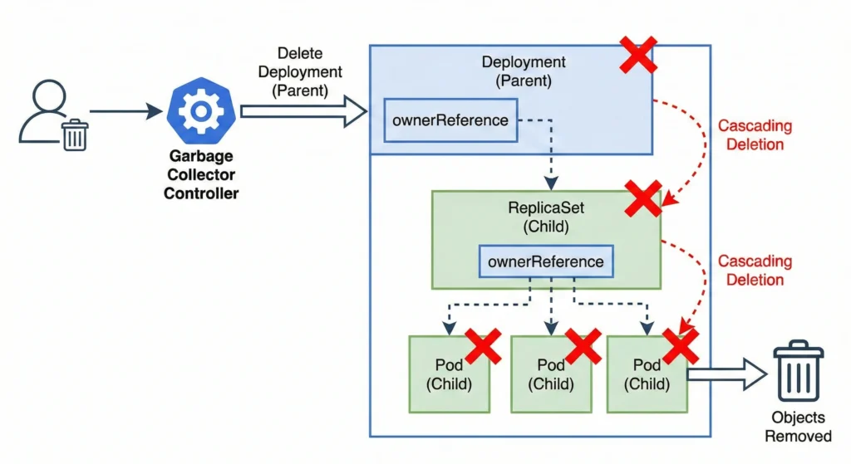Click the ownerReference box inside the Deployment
450,120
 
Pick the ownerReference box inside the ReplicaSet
546,261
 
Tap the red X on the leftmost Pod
483,345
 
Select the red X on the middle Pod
583,345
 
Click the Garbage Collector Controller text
200,175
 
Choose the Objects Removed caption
799,427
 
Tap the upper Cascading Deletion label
755,135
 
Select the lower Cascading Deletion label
755,271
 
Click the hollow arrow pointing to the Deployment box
303,111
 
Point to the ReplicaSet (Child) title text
547,217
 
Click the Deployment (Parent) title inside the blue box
524,71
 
